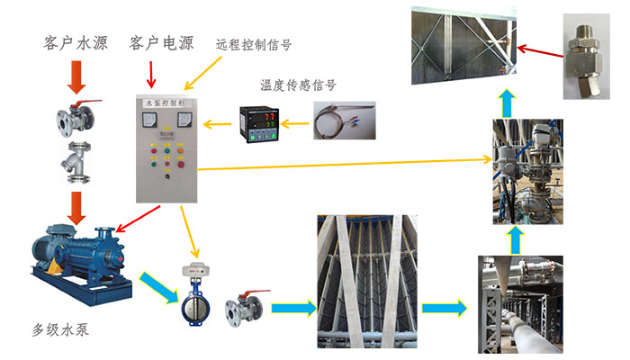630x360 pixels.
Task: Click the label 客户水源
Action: pos(76,44)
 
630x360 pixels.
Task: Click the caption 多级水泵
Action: pos(56,329)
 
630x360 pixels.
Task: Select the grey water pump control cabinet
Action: pos(166,148)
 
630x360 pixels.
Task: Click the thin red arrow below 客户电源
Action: pos(151,69)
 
